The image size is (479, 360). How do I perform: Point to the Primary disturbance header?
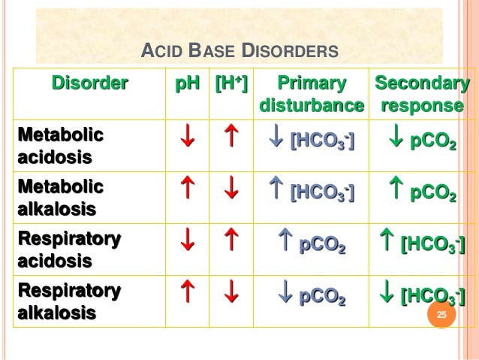click(x=312, y=94)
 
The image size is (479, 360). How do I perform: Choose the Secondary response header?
click(x=422, y=94)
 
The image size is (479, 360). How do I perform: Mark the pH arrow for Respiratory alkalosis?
click(x=188, y=293)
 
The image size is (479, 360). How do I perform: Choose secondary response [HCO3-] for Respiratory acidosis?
click(x=421, y=243)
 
